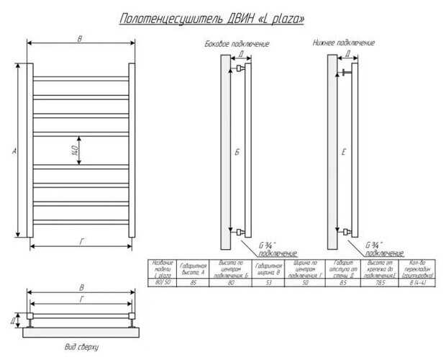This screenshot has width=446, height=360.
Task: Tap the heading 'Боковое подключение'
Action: click(x=237, y=44)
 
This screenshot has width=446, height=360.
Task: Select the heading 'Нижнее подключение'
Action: click(x=343, y=43)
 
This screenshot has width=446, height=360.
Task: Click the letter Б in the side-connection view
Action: click(x=237, y=151)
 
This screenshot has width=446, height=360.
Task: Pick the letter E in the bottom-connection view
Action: click(x=344, y=151)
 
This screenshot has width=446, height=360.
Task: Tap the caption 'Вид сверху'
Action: click(x=81, y=347)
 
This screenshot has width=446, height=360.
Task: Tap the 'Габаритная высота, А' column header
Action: click(x=194, y=269)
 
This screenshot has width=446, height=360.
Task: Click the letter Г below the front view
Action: click(x=81, y=240)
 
